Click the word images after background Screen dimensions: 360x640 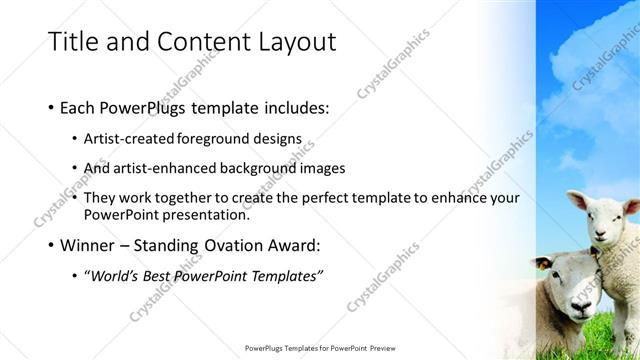pyautogui.click(x=323, y=168)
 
